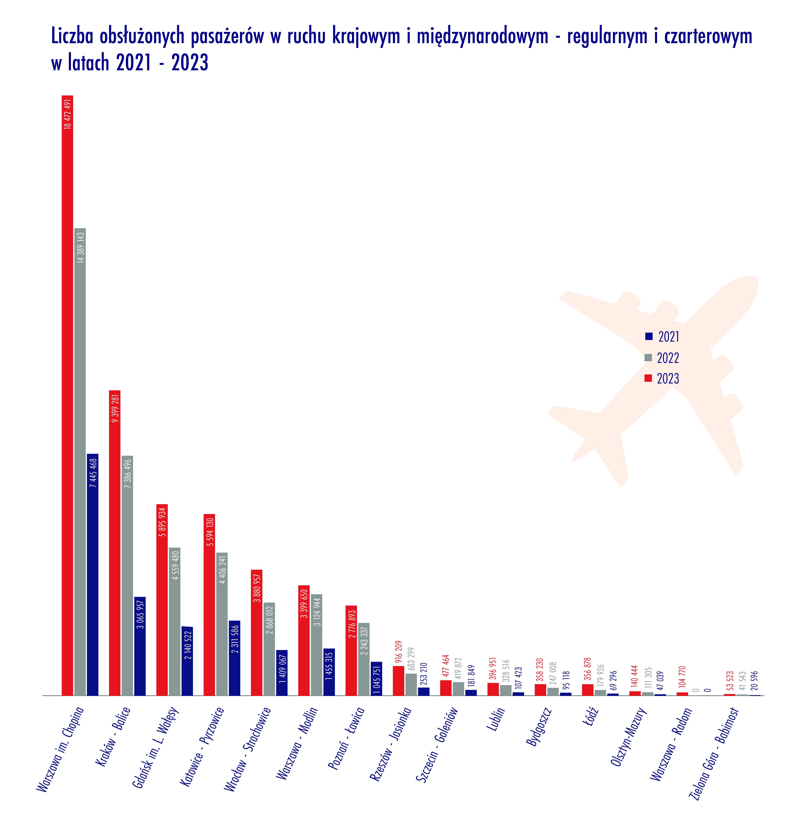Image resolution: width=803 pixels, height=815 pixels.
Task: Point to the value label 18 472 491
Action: coord(67,114)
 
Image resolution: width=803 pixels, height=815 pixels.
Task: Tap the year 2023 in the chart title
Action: coord(190,63)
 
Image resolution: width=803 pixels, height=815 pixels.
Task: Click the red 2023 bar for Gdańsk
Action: coord(162,599)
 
